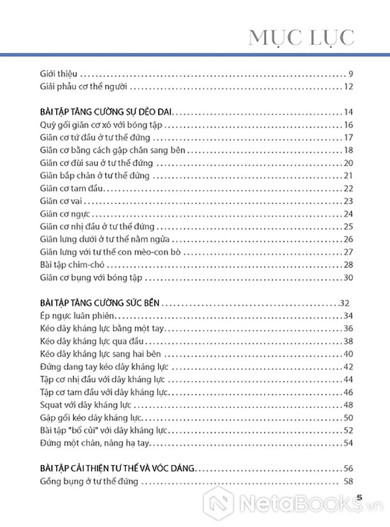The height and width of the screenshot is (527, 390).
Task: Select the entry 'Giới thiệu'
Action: (59, 74)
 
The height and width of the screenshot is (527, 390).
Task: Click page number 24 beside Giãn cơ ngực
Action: (349, 214)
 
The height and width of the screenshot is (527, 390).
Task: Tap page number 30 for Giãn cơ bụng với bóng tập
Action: (349, 277)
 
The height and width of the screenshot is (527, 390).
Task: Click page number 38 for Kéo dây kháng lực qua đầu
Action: (349, 341)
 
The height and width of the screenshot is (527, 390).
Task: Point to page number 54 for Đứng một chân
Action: (349, 443)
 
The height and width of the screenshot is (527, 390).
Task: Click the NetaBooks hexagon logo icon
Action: (222, 505)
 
